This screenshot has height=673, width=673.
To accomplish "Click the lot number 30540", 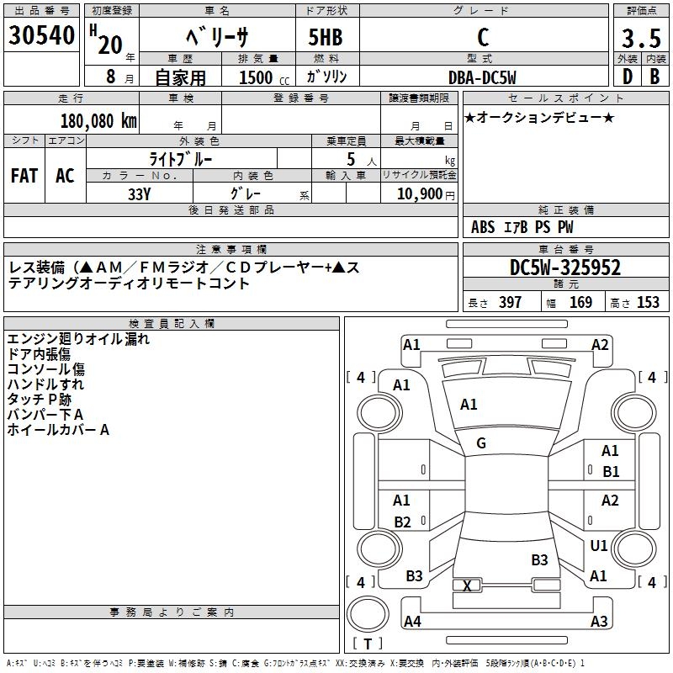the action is [x=40, y=35].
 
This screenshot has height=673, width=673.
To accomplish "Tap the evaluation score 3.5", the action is [x=639, y=39].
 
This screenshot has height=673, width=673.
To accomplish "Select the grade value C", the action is [x=483, y=38].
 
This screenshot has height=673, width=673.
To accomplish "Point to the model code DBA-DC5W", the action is [x=482, y=77].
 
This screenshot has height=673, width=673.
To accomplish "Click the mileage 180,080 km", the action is [x=98, y=120].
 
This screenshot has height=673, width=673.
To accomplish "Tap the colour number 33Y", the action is [x=140, y=193].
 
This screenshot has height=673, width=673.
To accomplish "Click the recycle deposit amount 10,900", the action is [x=417, y=193].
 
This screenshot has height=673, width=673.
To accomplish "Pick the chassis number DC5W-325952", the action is [x=565, y=268].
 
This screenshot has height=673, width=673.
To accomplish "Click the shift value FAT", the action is [x=24, y=176].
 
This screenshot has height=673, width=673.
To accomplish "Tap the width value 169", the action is [x=580, y=302].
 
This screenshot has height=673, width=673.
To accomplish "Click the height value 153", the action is [x=648, y=302].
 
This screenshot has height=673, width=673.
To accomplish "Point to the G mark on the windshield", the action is [x=481, y=443].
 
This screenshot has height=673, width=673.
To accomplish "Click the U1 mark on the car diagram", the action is [x=599, y=546].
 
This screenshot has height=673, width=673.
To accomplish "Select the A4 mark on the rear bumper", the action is [x=412, y=621].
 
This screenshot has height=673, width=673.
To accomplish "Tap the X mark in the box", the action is [x=468, y=586].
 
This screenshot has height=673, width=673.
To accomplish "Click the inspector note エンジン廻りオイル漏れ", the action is [x=78, y=339].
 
